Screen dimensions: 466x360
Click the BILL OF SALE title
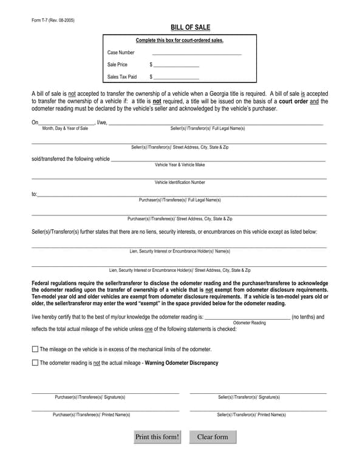[182, 27]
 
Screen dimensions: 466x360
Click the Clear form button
[212, 437]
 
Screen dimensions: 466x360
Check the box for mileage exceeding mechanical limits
[35, 349]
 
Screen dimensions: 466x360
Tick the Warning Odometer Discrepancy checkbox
[35, 363]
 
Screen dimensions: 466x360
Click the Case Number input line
[197, 53]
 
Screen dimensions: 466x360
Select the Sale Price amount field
[176, 64]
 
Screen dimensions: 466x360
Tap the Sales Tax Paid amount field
[176, 77]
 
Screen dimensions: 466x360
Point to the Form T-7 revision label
[53, 20]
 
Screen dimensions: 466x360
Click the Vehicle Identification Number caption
[180, 182]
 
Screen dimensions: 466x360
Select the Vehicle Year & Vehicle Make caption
[180, 164]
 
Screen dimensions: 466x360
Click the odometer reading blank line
[248, 317]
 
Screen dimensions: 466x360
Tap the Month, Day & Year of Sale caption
[65, 129]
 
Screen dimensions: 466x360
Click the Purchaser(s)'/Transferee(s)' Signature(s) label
[90, 397]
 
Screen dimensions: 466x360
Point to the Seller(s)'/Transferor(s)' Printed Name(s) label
[251, 414]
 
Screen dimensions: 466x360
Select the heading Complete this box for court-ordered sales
[180, 41]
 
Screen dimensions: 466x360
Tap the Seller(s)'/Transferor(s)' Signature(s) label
[249, 397]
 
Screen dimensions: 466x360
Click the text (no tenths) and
[308, 317]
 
